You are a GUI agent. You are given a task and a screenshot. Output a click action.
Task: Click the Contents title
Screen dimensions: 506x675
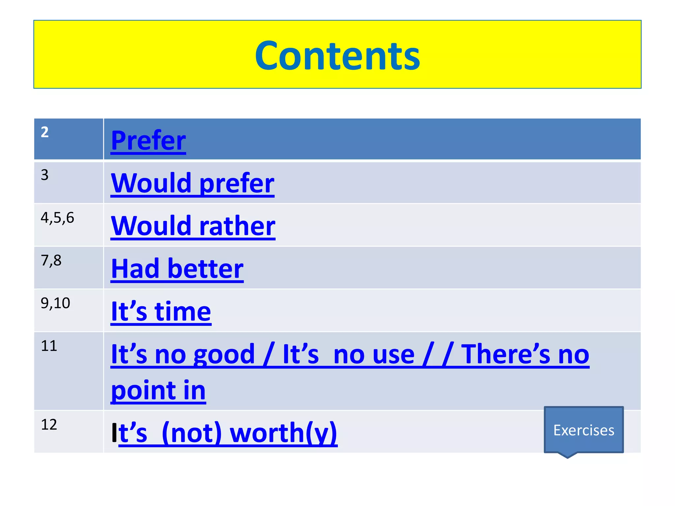click(x=337, y=55)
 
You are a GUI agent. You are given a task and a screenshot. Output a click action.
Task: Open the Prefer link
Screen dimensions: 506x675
click(x=148, y=141)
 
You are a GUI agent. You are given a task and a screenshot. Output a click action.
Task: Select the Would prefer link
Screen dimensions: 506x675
click(x=192, y=183)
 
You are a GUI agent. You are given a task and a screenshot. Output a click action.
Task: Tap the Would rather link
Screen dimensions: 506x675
click(x=193, y=226)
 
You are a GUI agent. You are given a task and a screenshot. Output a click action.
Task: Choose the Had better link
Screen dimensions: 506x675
click(x=177, y=269)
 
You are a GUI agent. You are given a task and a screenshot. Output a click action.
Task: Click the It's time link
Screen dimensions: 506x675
click(x=161, y=312)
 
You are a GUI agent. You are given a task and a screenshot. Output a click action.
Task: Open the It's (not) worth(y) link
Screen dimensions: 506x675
click(x=227, y=433)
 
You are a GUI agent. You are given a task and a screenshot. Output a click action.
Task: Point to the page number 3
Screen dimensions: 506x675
click(x=45, y=175)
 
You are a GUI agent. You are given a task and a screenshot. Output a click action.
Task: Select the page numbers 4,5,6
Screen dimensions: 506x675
click(x=57, y=218)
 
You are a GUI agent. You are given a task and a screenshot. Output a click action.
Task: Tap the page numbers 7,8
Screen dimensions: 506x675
click(x=51, y=261)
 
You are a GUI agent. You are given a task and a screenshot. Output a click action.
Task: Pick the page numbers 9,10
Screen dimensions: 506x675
click(x=55, y=303)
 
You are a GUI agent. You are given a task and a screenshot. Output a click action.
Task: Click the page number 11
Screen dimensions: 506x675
click(x=49, y=346)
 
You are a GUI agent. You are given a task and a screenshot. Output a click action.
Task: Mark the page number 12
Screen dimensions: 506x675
click(x=49, y=425)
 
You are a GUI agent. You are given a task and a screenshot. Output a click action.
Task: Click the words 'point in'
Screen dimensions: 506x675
click(x=158, y=391)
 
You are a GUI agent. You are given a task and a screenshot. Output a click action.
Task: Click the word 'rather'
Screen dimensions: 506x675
click(x=237, y=226)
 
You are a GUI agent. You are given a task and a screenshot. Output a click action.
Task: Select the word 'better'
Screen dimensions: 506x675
click(x=205, y=269)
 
